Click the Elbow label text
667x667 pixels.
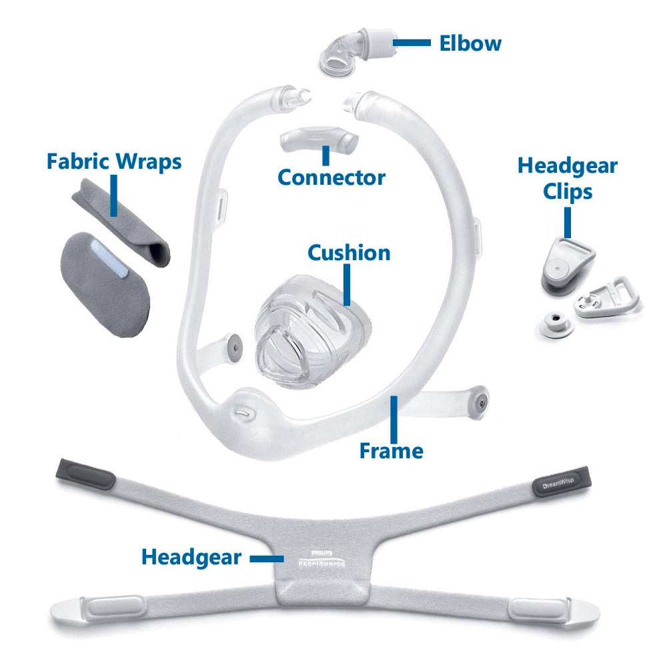click(x=470, y=43)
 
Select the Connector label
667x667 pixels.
click(x=331, y=177)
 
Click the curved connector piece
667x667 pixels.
click(x=317, y=140)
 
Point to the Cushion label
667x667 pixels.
click(x=349, y=253)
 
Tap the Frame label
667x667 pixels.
click(x=392, y=451)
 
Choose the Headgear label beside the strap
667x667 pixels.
click(x=191, y=557)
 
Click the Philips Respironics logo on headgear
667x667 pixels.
click(x=321, y=558)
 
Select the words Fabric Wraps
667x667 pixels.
click(x=114, y=161)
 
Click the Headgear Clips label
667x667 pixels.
click(x=568, y=179)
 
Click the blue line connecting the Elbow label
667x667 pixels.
click(x=412, y=43)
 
